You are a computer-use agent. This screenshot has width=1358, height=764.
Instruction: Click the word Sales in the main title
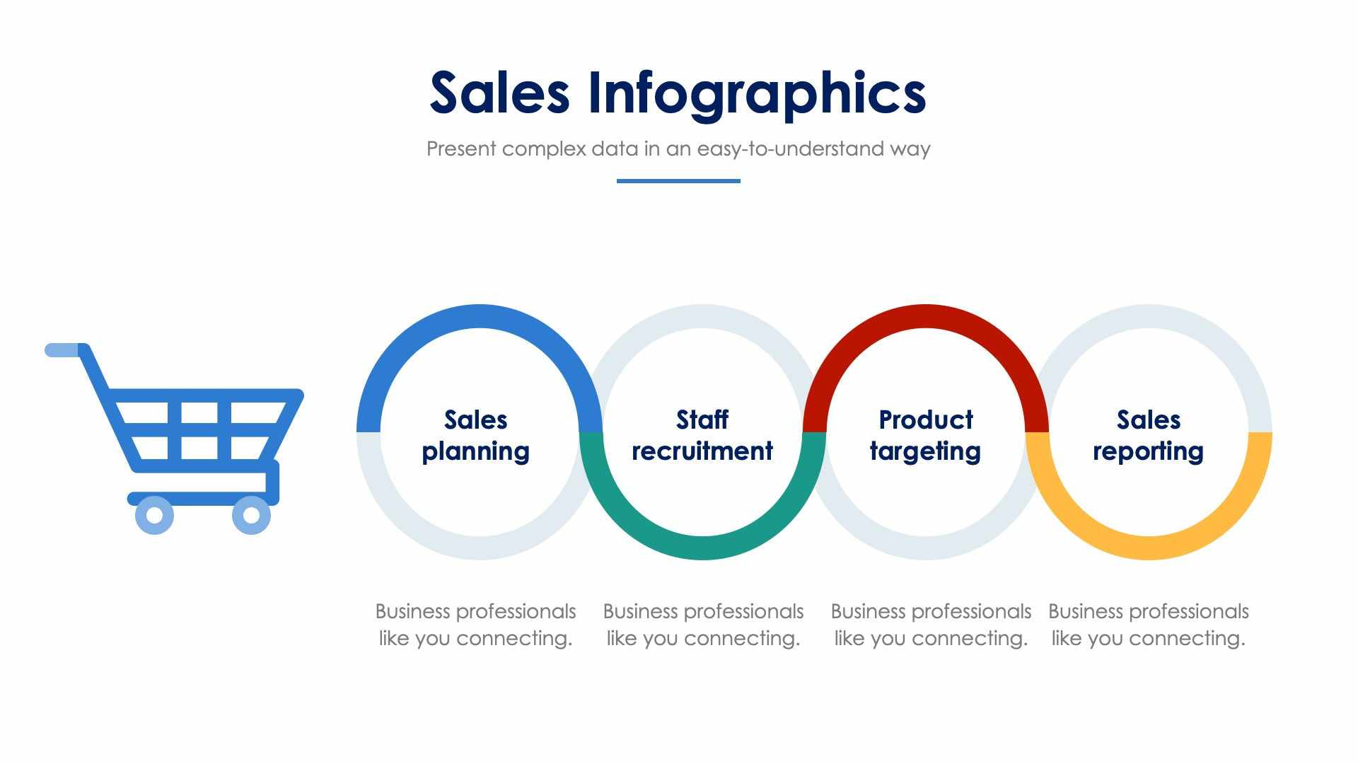499,93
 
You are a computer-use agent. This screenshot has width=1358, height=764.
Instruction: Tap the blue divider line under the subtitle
678,181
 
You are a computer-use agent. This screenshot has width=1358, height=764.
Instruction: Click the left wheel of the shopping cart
154,515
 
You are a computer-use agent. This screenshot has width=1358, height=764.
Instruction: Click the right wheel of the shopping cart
251,515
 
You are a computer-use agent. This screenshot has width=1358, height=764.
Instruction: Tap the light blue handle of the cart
62,350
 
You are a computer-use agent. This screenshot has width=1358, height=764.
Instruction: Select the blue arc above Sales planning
480,317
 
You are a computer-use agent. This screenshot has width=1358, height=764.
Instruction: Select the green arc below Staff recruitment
702,548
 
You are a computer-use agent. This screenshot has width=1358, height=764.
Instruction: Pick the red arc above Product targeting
925,317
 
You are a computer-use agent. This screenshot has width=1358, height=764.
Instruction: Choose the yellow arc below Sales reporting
1149,548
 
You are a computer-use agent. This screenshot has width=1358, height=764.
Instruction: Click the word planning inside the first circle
475,452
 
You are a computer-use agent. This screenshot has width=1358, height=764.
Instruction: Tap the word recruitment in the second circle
702,451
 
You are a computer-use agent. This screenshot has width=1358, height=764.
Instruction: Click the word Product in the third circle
925,420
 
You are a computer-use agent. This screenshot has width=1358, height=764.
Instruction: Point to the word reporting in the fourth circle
1148,452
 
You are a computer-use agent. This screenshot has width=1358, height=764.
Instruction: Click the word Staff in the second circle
702,420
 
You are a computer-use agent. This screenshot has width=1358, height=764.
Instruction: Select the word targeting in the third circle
925,452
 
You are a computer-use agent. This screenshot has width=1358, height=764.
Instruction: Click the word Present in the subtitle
461,149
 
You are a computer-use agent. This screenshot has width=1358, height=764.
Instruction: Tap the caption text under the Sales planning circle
475,625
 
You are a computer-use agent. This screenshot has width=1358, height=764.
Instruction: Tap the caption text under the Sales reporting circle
1148,625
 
